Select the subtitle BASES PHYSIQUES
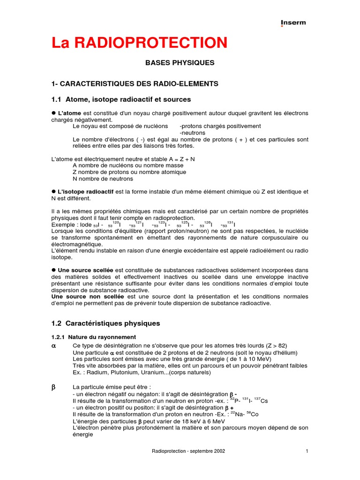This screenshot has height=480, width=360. click(180, 62)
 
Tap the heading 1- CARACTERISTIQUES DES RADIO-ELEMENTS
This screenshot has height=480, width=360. click(135, 83)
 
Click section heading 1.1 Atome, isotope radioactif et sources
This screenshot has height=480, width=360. click(121, 99)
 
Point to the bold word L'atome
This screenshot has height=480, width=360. click(69, 113)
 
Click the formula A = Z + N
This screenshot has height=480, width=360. click(180, 159)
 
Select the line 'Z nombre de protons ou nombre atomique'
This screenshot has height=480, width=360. click(129, 172)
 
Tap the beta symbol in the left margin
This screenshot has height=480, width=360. click(53, 388)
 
